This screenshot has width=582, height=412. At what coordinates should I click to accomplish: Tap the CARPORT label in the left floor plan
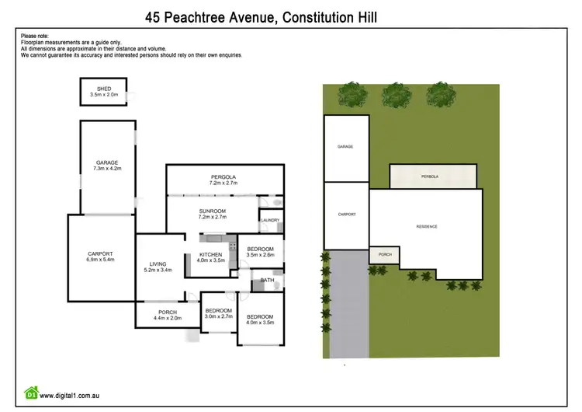point(100,254)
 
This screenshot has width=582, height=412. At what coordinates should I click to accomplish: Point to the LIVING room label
point(158,263)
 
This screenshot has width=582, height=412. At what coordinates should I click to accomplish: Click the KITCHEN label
point(211,254)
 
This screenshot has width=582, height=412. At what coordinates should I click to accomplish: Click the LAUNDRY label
point(270,221)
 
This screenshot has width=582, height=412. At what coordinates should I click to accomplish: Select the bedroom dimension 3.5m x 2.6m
point(261,255)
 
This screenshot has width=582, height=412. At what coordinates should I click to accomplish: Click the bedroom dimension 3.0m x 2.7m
point(218,316)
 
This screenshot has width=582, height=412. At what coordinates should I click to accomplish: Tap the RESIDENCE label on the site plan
point(427,226)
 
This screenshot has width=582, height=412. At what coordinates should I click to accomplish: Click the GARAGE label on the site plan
point(345,146)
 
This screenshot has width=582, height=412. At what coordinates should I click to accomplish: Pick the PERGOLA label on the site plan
point(430,176)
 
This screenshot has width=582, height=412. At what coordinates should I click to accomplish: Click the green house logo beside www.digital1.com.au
point(31,393)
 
